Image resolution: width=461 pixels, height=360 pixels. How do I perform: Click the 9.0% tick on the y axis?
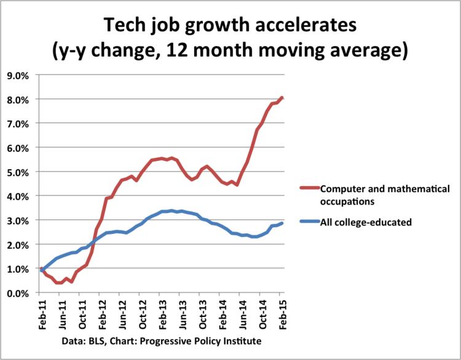click(x=21, y=76)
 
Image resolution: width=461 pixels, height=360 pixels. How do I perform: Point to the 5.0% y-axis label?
click(x=21, y=172)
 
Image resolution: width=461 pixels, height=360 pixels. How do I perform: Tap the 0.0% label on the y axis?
click(x=21, y=293)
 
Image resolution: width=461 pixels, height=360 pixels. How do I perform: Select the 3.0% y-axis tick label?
click(x=21, y=221)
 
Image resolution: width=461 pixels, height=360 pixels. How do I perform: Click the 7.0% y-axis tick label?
click(x=21, y=124)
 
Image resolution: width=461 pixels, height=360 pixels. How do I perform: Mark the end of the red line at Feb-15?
click(x=282, y=97)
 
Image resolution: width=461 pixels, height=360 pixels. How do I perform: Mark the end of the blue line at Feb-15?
click(x=282, y=223)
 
